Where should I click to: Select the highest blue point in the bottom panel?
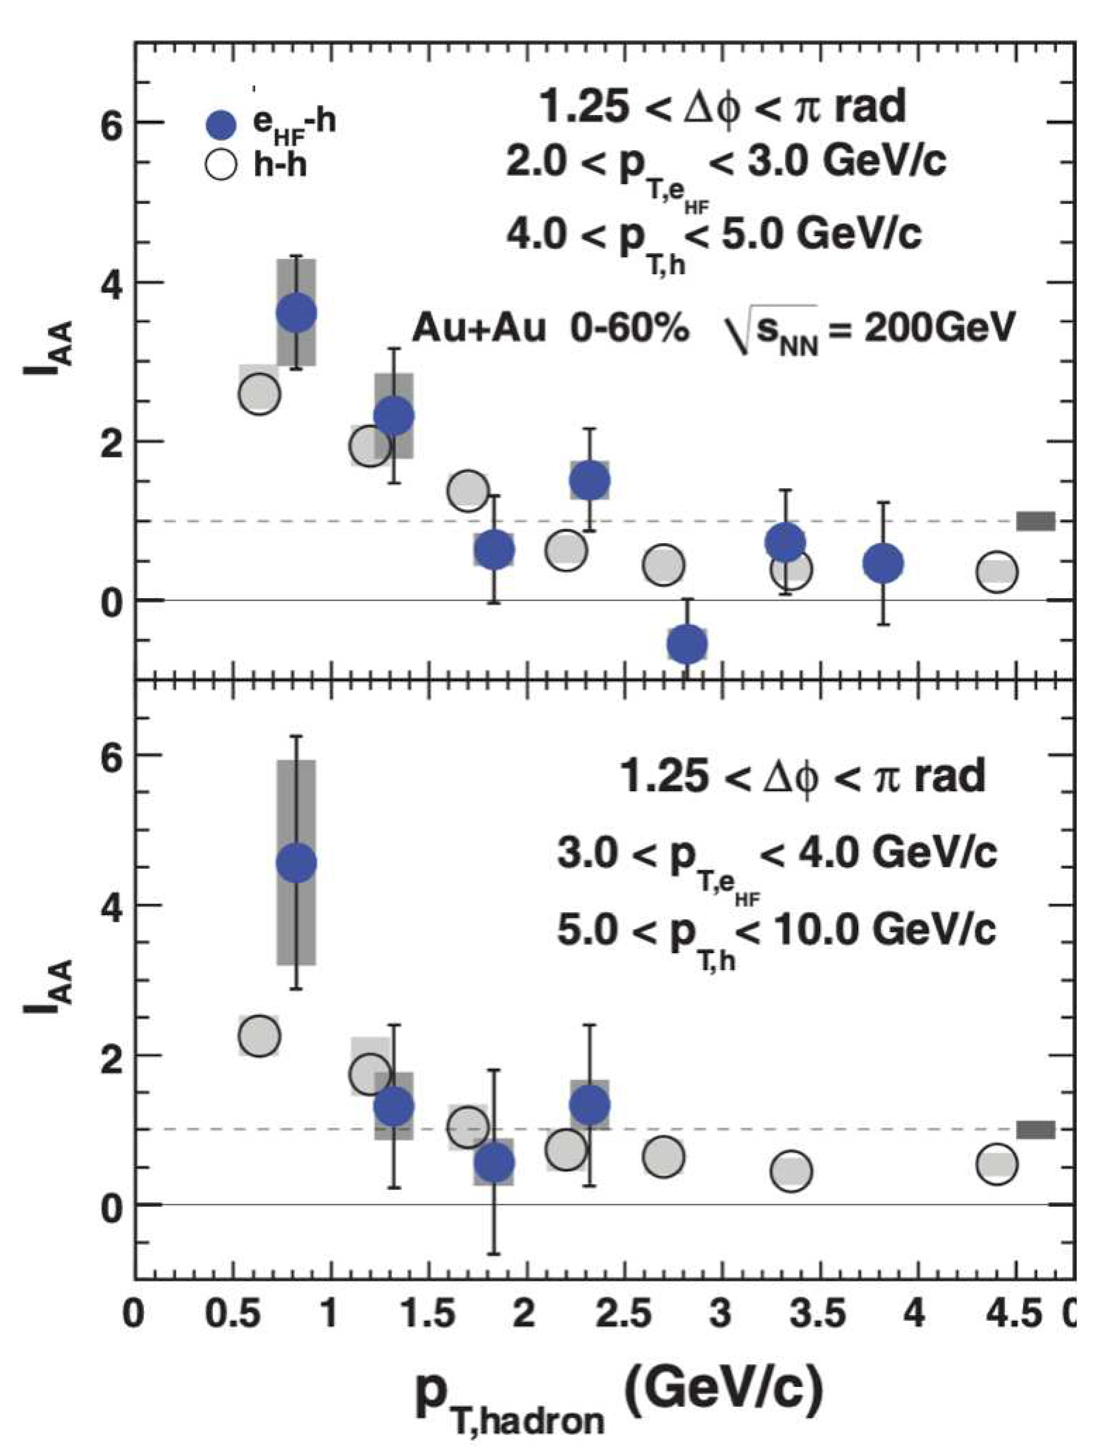296,863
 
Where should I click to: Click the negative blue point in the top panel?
687,644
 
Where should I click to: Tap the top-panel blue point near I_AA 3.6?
296,313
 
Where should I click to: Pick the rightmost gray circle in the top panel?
997,572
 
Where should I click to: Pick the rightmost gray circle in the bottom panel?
997,1164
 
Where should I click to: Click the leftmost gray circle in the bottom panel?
259,1036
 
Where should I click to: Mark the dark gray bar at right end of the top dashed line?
1036,521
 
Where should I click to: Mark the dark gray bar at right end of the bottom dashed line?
1036,1130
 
